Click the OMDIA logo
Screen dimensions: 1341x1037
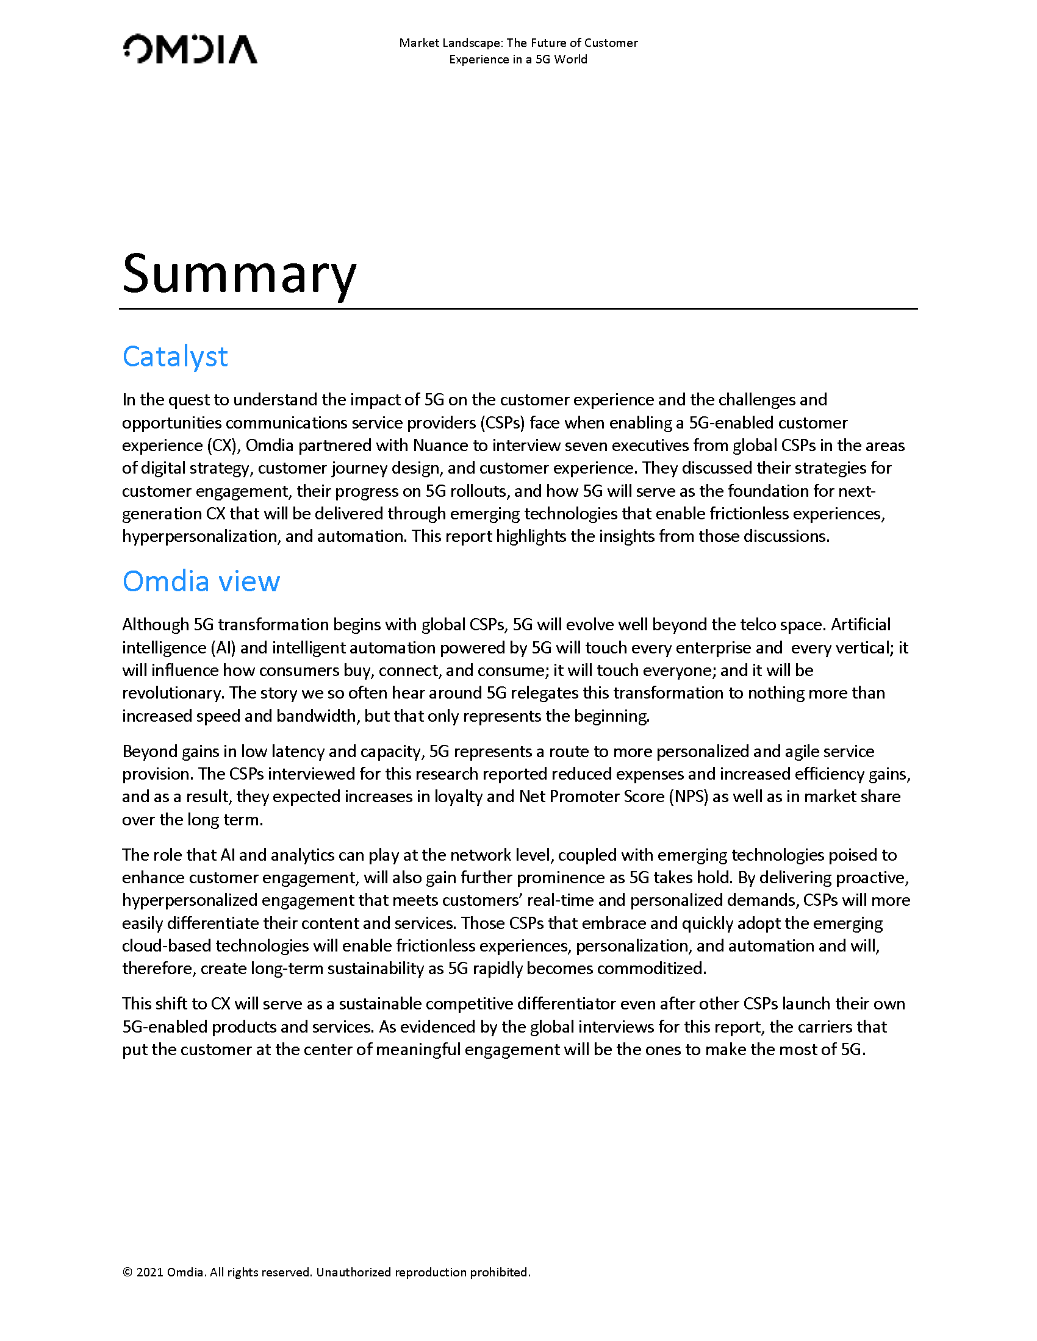(x=190, y=50)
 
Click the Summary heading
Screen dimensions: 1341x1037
(x=239, y=273)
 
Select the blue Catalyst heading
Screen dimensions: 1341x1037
(x=175, y=357)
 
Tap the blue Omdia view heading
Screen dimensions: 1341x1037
(x=201, y=582)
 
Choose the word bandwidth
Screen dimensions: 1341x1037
(x=316, y=716)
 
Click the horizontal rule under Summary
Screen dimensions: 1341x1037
(x=518, y=309)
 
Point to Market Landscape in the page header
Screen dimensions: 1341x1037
(x=451, y=43)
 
